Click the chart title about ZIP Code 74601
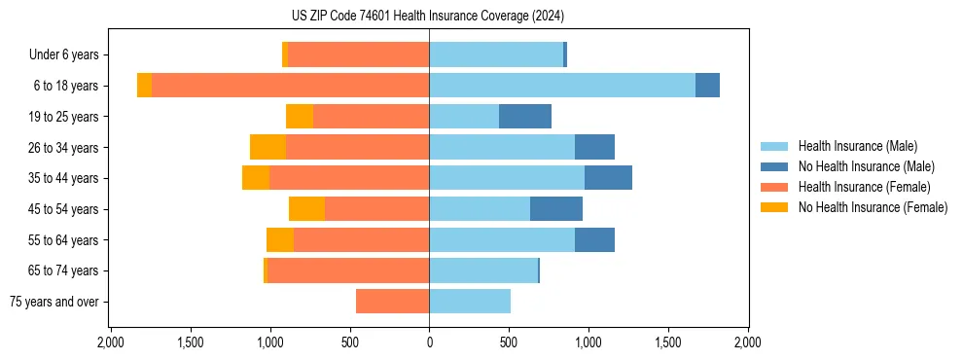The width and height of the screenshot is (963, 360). click(x=428, y=16)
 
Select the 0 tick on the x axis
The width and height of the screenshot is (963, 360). click(x=429, y=342)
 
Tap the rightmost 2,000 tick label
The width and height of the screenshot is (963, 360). click(x=747, y=342)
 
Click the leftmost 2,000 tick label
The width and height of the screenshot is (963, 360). click(x=111, y=342)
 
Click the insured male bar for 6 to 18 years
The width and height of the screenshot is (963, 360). click(x=562, y=86)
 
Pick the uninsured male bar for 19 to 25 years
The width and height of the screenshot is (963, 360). click(x=525, y=117)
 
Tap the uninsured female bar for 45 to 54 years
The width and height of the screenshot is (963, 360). click(x=306, y=209)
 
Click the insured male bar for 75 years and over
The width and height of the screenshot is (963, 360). click(x=470, y=302)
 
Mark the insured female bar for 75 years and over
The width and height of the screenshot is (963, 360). click(x=392, y=302)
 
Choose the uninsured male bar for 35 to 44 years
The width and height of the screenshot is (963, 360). click(x=608, y=178)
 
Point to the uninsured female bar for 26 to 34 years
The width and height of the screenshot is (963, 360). click(x=267, y=147)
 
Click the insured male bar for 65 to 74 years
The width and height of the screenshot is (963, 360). click(x=483, y=270)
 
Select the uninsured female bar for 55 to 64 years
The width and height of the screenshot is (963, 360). click(x=280, y=239)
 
